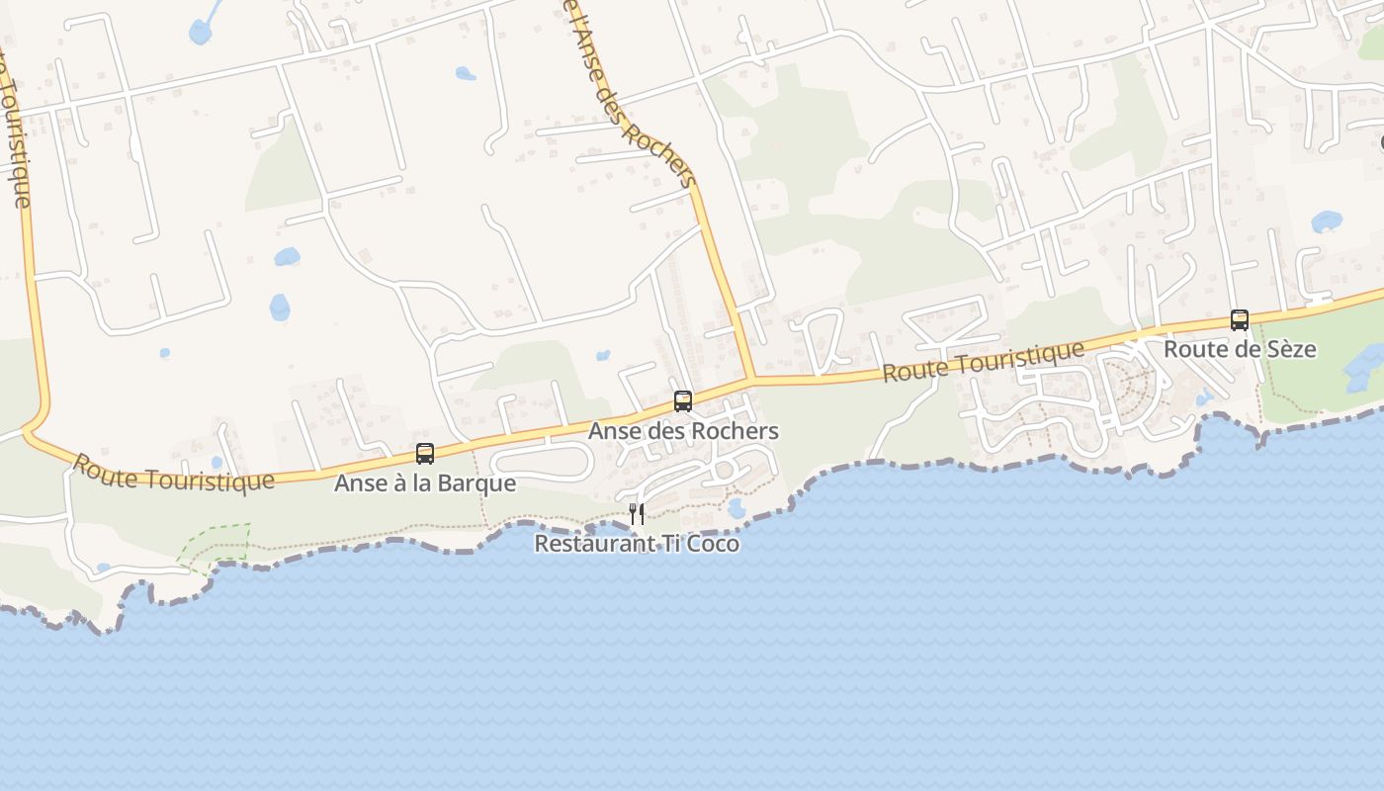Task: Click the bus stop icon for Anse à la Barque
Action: coord(425,454)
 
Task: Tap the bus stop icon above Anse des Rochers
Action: coord(683,401)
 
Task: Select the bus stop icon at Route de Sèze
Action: coord(1240,320)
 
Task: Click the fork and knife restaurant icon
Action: coord(637,513)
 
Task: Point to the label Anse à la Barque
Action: coord(425,483)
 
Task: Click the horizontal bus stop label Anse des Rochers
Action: coord(683,431)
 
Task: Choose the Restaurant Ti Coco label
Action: coord(637,544)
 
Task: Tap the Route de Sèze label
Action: coord(1240,349)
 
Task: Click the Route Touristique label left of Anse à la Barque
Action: coord(174,473)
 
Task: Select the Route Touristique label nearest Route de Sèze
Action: coord(984,362)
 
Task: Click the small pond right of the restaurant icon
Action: coord(736,508)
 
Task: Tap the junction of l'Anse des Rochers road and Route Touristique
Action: coord(752,379)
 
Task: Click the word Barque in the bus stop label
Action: coord(479,483)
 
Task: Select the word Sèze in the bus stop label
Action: coord(1293,349)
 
